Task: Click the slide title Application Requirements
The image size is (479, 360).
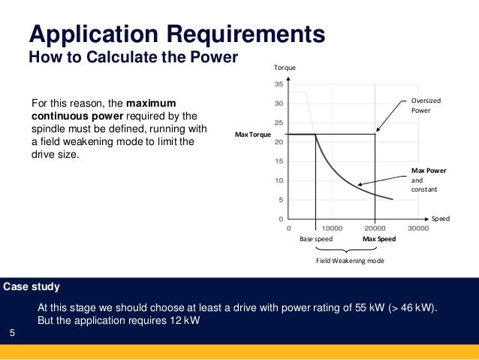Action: (176, 35)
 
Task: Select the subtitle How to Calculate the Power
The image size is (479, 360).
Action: (132, 57)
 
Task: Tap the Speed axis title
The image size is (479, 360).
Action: (440, 219)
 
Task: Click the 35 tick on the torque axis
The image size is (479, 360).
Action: (279, 84)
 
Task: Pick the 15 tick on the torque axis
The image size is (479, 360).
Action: (279, 161)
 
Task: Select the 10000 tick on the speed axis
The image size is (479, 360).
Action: (332, 227)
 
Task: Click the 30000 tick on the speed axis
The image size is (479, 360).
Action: (418, 227)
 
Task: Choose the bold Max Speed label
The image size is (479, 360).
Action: (379, 239)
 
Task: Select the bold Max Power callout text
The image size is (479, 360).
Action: (429, 171)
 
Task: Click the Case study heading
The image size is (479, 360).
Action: (32, 287)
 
